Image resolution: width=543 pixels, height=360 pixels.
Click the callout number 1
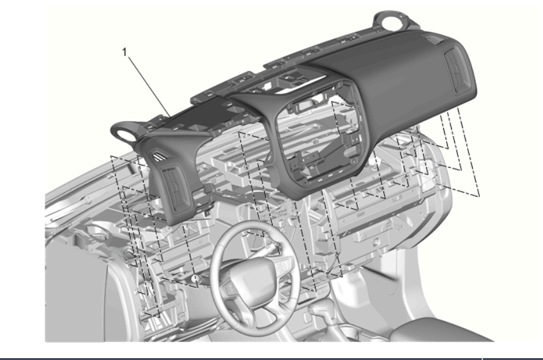(x=125, y=52)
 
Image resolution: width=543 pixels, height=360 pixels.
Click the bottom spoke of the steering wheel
(x=264, y=305)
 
